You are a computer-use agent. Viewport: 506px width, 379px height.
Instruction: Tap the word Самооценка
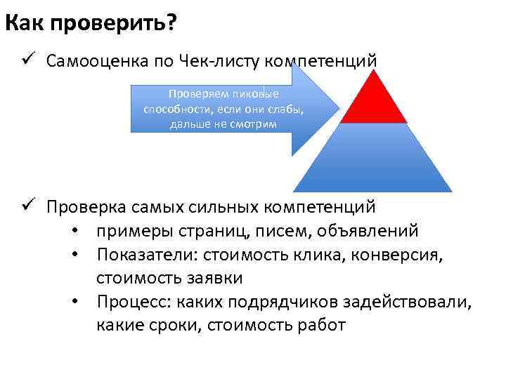point(97,61)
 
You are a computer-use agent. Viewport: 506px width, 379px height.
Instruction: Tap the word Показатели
point(144,254)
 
